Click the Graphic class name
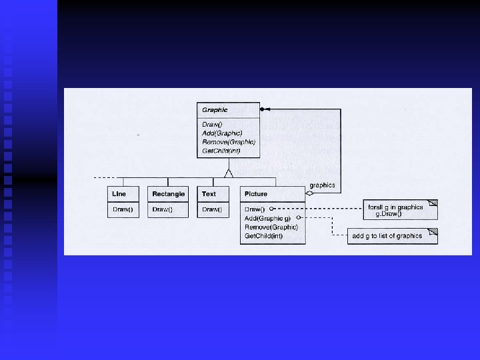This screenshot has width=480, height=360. click(x=215, y=110)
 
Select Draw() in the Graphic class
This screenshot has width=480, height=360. click(x=213, y=125)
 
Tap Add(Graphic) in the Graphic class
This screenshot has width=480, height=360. click(x=222, y=133)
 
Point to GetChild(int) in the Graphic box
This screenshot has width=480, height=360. click(x=221, y=151)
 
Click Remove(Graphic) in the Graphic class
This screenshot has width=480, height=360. click(x=228, y=142)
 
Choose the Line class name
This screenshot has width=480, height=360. click(x=119, y=194)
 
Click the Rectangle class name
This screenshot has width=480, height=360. click(x=168, y=194)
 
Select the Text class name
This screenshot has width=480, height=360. click(x=209, y=194)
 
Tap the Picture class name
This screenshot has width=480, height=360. click(x=256, y=194)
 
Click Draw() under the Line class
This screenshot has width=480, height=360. click(x=122, y=209)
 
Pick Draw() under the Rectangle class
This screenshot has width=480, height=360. click(x=162, y=209)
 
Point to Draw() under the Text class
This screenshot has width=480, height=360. click(x=212, y=209)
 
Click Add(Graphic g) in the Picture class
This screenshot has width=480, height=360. click(x=267, y=218)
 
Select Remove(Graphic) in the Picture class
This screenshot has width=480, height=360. click(x=271, y=227)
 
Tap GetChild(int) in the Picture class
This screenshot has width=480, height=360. click(x=264, y=235)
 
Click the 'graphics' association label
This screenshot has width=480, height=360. click(x=323, y=185)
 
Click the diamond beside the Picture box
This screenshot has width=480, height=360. click(x=309, y=193)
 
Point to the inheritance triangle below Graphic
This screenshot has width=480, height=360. click(x=229, y=173)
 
